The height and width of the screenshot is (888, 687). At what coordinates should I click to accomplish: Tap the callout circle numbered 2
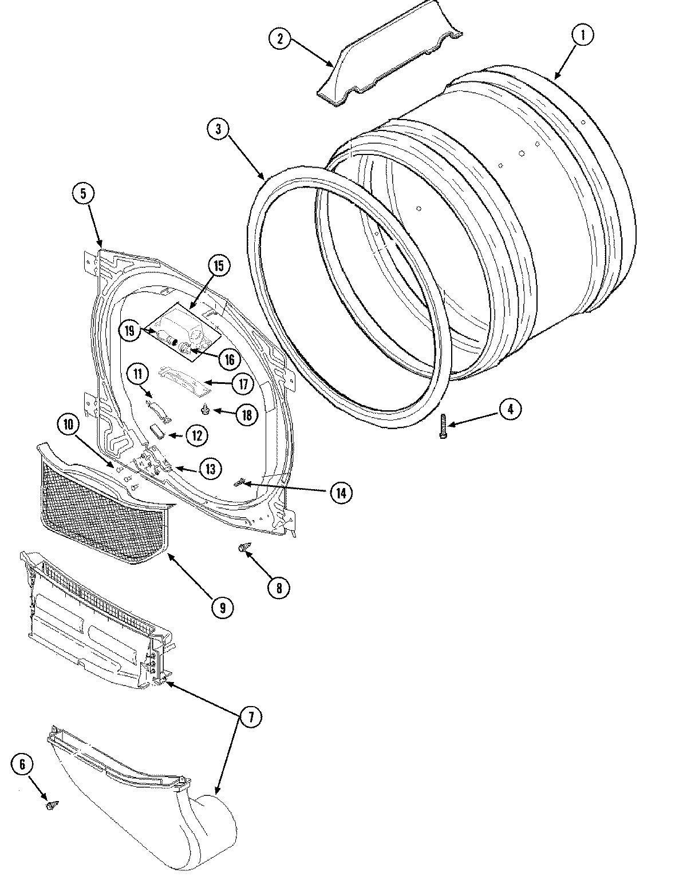279,38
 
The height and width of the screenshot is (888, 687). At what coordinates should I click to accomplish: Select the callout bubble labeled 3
218,129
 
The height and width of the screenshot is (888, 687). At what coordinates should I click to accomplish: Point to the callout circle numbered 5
84,193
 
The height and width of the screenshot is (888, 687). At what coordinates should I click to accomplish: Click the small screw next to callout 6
51,805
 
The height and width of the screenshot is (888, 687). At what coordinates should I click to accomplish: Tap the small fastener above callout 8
243,549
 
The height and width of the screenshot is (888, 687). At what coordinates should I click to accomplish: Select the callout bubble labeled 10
68,425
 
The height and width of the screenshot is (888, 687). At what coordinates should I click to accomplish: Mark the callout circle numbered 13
210,469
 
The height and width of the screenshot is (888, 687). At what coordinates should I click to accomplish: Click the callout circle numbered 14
341,493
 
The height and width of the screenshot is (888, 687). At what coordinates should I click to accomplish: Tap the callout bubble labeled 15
219,265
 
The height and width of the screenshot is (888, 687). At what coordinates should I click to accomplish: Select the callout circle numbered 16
229,359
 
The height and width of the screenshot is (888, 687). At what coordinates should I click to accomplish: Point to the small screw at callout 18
205,409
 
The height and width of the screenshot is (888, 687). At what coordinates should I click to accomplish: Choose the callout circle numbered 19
129,330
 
